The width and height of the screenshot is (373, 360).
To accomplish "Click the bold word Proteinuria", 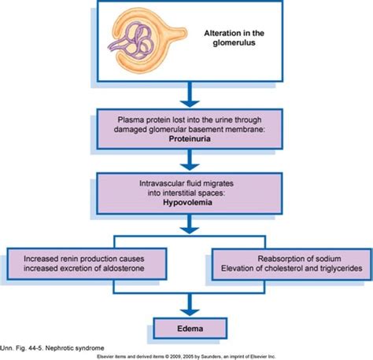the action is (190, 138).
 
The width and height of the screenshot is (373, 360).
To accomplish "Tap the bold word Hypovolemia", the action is (187, 203).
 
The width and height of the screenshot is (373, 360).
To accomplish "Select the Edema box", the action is (190, 329).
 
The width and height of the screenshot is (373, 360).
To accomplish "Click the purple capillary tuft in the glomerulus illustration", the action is (131, 40).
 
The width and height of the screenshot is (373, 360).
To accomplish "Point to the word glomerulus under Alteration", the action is (234, 42).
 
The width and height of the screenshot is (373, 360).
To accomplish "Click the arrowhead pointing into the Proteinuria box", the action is (190, 104).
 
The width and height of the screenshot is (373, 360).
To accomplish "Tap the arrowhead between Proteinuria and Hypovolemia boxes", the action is (190, 167).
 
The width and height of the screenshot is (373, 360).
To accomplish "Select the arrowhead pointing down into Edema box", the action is (190, 312).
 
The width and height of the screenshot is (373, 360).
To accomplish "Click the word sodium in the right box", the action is (328, 259).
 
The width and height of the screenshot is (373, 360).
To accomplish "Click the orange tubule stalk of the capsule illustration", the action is (176, 35).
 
